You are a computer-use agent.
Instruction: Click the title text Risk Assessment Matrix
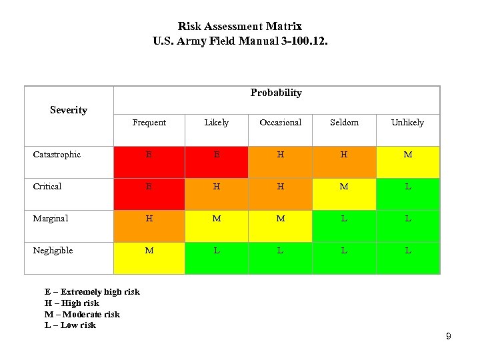coord(240,27)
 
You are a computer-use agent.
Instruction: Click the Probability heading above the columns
coord(276,93)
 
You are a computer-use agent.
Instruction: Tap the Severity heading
coord(69,110)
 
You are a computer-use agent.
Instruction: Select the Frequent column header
coord(149,123)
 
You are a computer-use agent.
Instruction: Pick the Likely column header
coord(216,123)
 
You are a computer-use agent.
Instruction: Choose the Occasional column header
coord(280,123)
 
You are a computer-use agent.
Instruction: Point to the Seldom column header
coord(344,123)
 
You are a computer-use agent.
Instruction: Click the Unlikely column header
coord(407,123)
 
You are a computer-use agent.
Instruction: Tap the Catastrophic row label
coord(57,155)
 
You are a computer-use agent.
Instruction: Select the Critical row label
coord(47,187)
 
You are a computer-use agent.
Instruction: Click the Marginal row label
coord(51,219)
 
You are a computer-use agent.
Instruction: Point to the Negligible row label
coord(53,251)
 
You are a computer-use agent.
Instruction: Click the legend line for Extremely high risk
coord(92,292)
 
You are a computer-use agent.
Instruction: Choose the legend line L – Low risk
coord(70,325)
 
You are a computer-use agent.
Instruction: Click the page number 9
coord(449,337)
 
